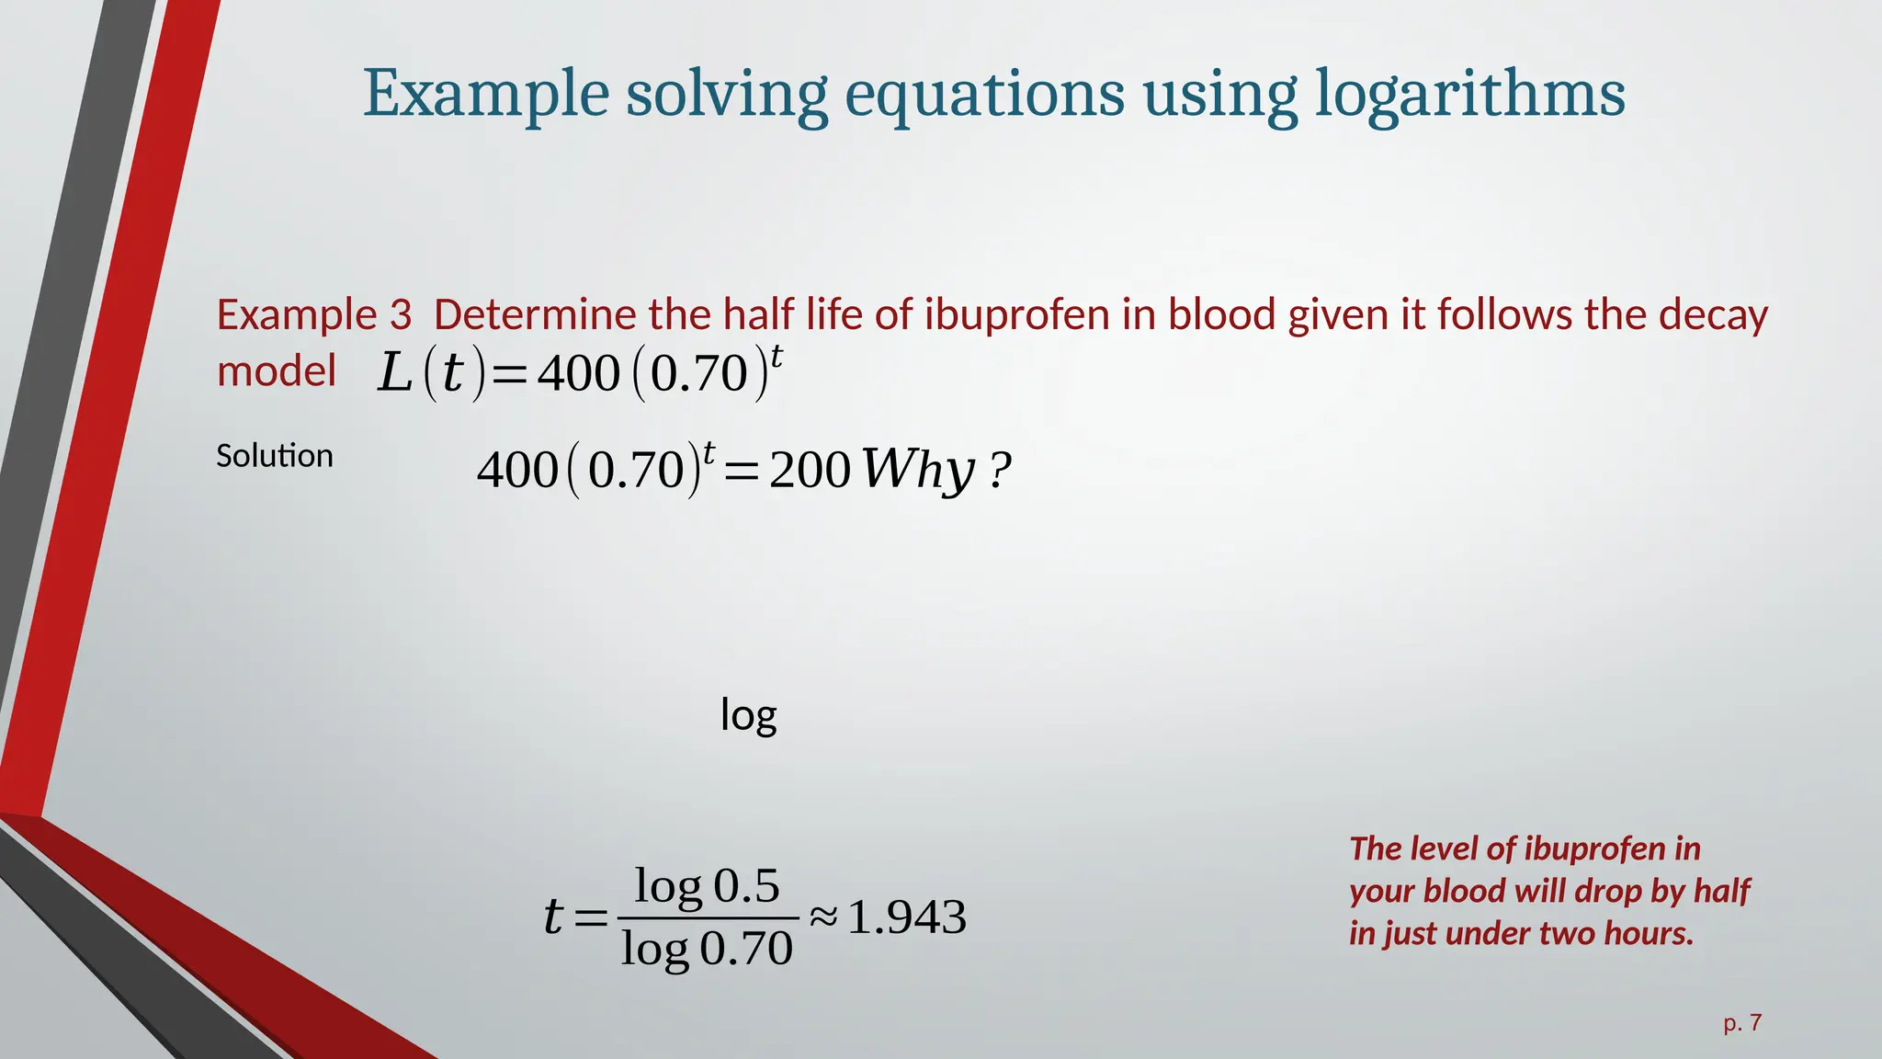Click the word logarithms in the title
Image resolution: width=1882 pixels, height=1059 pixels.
point(1469,94)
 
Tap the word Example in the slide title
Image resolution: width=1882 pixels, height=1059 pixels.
point(485,94)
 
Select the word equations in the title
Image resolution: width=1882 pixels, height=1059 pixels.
point(984,94)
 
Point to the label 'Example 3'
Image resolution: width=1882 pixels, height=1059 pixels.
point(314,314)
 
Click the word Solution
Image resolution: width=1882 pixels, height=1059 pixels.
point(274,456)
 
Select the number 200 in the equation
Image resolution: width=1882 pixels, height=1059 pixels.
point(810,470)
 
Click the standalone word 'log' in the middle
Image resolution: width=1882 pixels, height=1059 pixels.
point(748,715)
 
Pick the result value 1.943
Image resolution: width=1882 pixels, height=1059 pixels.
point(907,917)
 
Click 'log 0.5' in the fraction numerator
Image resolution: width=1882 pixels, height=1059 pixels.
point(707,886)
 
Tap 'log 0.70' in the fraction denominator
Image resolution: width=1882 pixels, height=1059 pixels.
point(706,949)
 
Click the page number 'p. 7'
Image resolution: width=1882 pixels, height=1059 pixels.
point(1742,1023)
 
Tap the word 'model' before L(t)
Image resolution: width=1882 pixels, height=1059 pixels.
point(277,371)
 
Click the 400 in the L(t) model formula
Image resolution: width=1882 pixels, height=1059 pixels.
point(579,374)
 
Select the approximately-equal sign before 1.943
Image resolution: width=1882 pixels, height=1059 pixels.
point(823,917)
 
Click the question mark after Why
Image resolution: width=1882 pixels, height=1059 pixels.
point(1001,471)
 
